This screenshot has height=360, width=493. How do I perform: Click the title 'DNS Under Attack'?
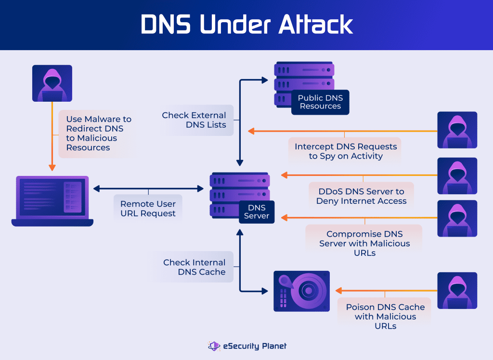[x=246, y=25]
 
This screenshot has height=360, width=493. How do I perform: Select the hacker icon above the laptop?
[x=52, y=83]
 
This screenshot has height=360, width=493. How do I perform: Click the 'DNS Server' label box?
[x=257, y=212]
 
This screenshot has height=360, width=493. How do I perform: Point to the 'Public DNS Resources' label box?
[x=320, y=102]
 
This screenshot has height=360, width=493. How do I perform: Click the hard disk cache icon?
[x=301, y=291]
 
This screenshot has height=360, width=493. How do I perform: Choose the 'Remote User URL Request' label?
[x=148, y=209]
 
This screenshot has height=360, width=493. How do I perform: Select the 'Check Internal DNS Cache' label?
[x=194, y=267]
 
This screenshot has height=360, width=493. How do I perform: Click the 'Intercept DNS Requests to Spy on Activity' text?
[x=345, y=151]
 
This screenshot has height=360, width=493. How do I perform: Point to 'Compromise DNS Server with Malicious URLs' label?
[x=364, y=243]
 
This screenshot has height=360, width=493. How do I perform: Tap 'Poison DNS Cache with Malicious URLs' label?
[x=385, y=316]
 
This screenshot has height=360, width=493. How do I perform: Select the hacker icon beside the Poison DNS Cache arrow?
[x=457, y=291]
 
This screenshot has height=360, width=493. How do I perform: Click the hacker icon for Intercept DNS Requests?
[x=457, y=130]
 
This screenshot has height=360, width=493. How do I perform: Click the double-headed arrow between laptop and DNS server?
[x=148, y=189]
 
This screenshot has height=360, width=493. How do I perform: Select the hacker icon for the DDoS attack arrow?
[x=457, y=175]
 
